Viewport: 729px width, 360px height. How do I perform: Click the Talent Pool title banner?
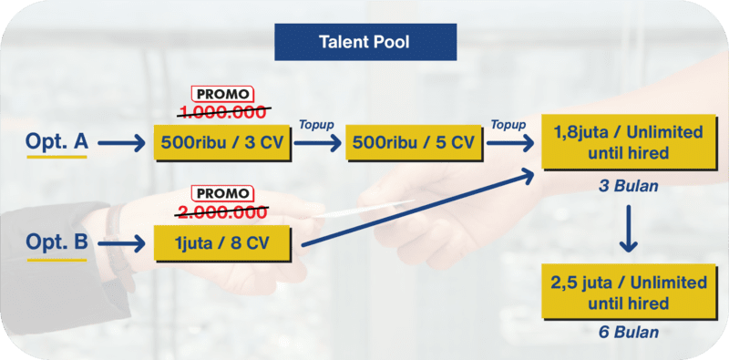click(x=365, y=42)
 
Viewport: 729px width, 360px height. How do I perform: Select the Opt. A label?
click(x=56, y=142)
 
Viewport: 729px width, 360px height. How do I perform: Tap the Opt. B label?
click(x=56, y=242)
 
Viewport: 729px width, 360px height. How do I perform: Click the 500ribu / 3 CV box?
click(x=222, y=142)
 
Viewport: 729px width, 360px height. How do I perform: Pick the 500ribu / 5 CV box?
click(x=414, y=142)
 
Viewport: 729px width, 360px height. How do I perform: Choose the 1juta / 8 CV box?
click(x=222, y=243)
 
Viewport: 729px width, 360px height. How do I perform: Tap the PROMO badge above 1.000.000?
click(x=222, y=94)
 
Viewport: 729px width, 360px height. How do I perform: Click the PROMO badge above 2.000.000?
click(x=222, y=193)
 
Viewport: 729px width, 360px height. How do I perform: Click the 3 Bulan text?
click(x=628, y=186)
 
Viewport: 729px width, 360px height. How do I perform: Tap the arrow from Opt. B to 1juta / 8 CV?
click(x=121, y=243)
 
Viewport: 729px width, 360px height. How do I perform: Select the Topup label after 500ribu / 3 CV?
click(x=317, y=125)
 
